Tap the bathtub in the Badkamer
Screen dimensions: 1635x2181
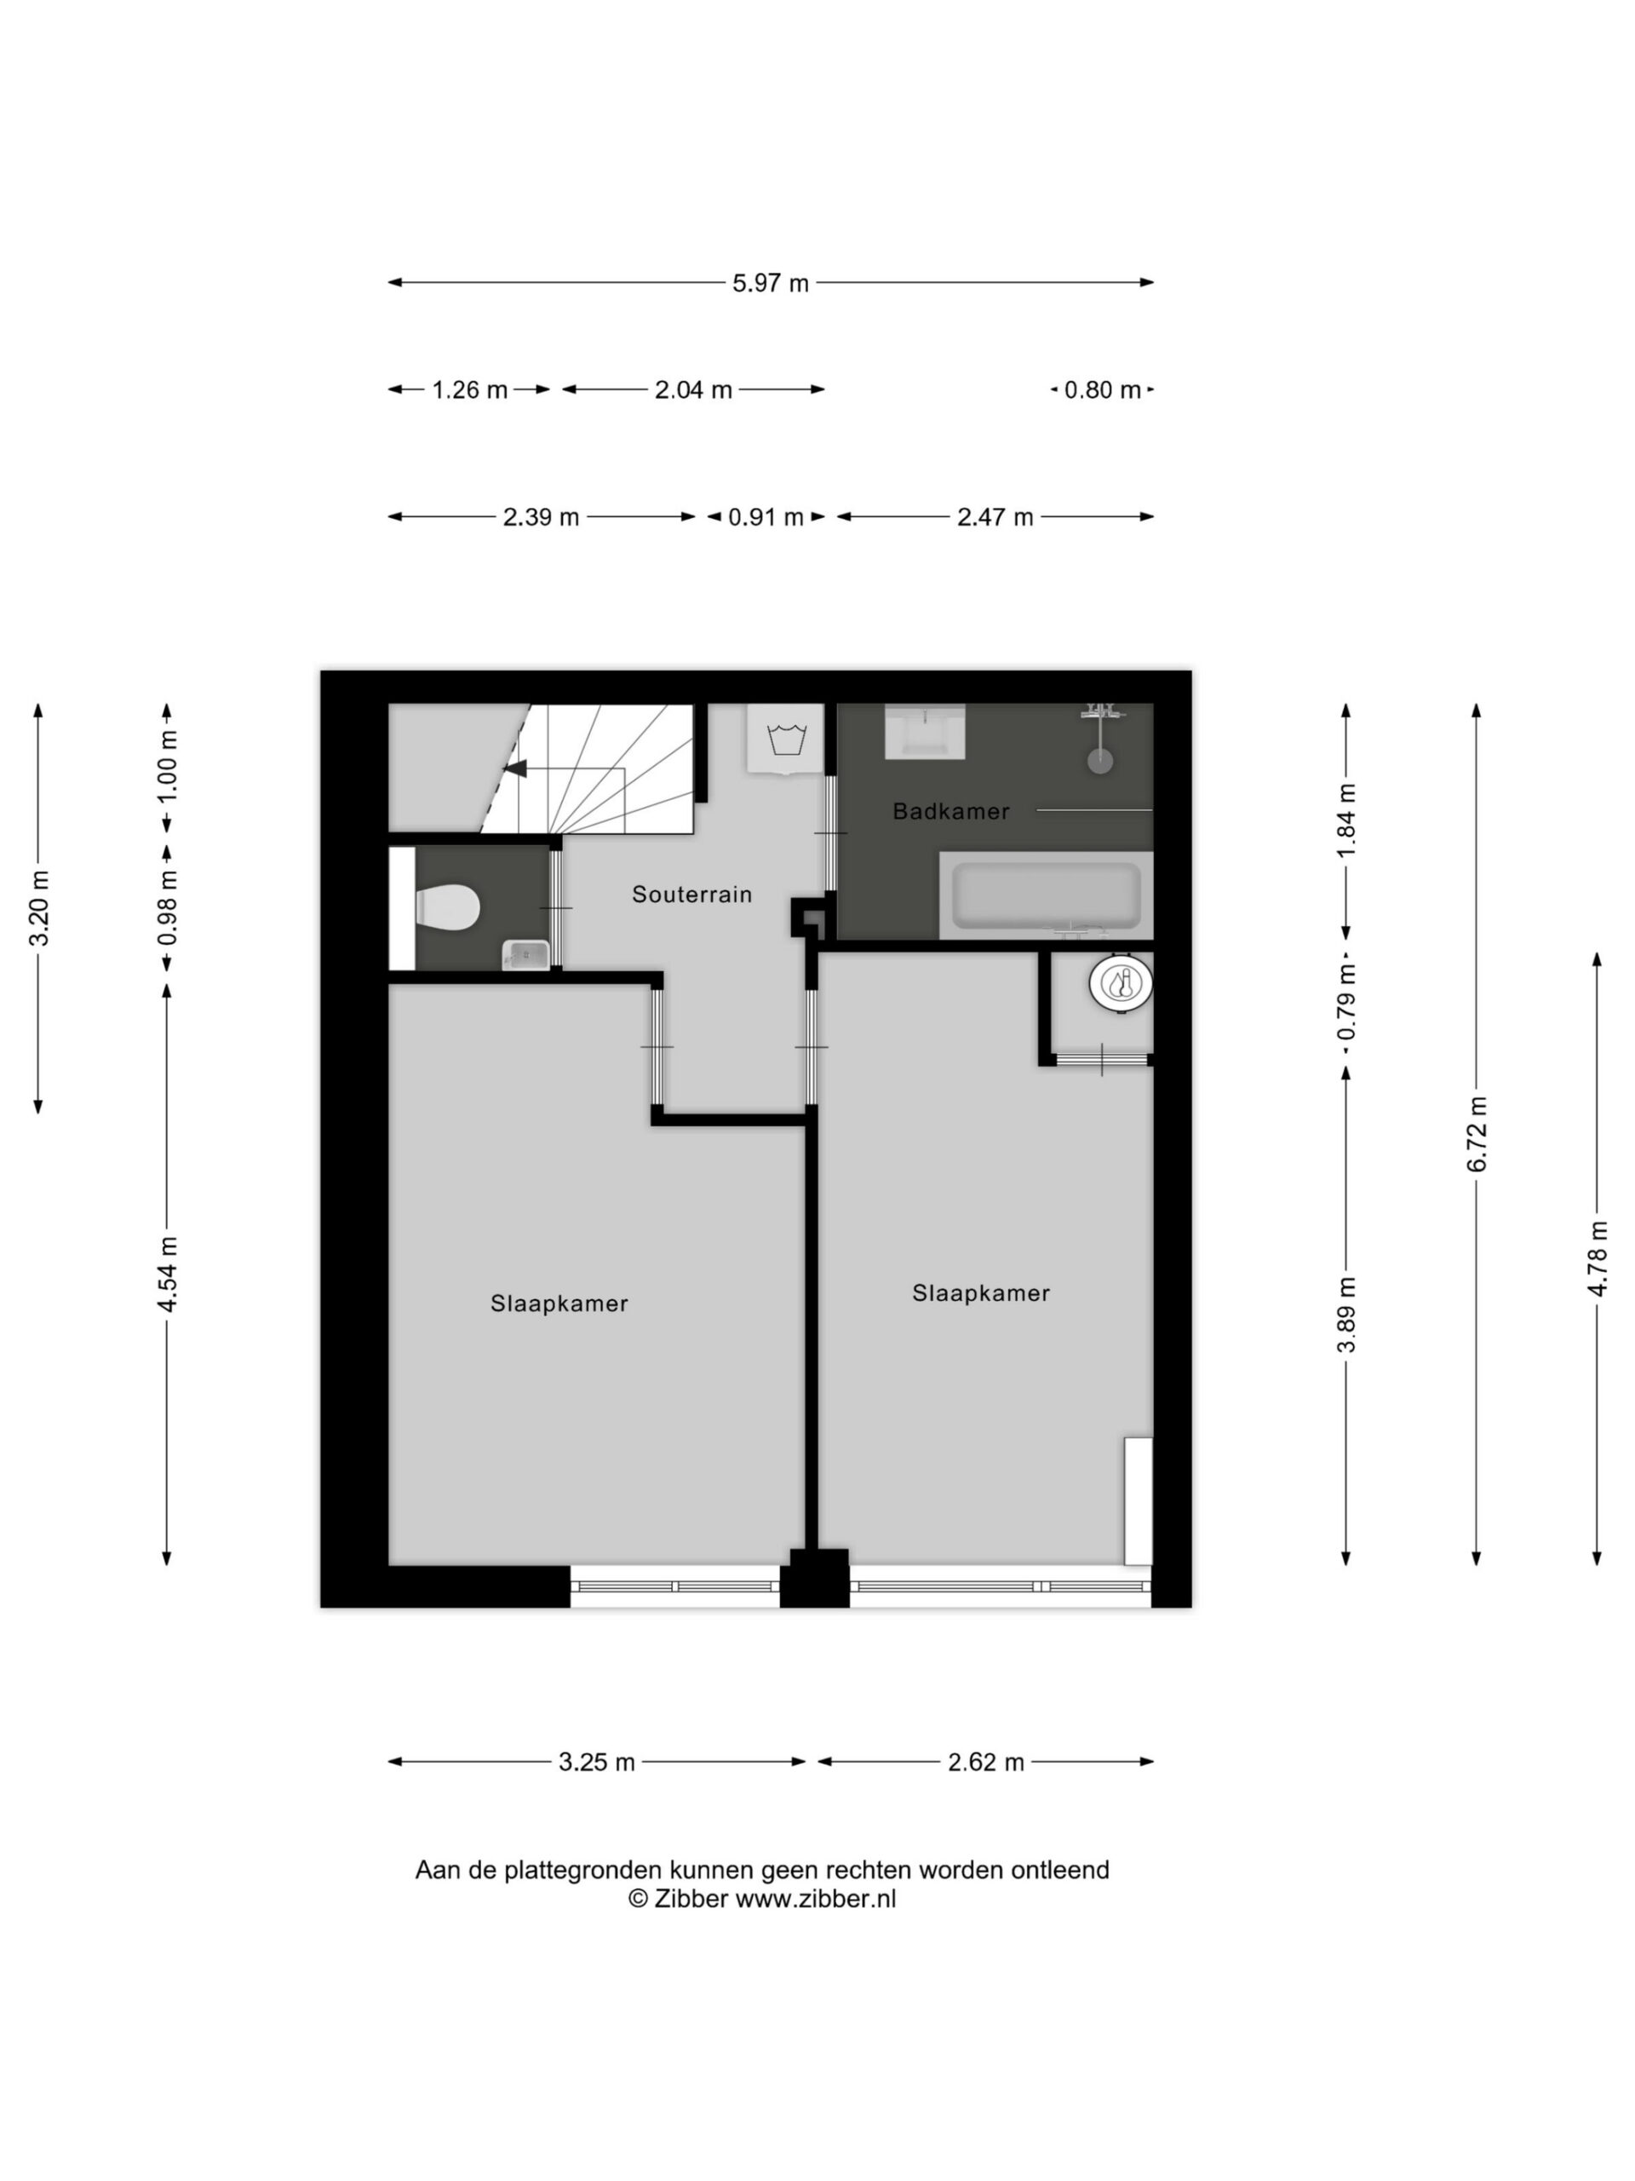point(1046,895)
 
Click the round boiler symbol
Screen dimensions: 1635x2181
point(1121,983)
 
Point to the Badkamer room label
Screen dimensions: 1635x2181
point(951,811)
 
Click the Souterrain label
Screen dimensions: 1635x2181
point(691,895)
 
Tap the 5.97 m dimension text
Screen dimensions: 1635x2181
point(770,283)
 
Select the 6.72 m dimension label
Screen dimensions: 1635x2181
point(1477,1134)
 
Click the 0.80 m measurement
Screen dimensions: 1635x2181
point(1102,389)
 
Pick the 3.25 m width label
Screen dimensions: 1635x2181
point(596,1762)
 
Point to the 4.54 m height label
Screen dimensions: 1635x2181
point(167,1274)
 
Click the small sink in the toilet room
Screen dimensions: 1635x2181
point(526,954)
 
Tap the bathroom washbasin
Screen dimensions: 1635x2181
point(925,731)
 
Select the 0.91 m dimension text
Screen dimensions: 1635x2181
point(766,516)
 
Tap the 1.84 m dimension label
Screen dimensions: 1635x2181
point(1346,820)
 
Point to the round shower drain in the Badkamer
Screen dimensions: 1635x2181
point(1101,760)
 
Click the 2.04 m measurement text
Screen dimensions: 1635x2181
point(694,389)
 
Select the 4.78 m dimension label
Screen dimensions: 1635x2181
point(1598,1258)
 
